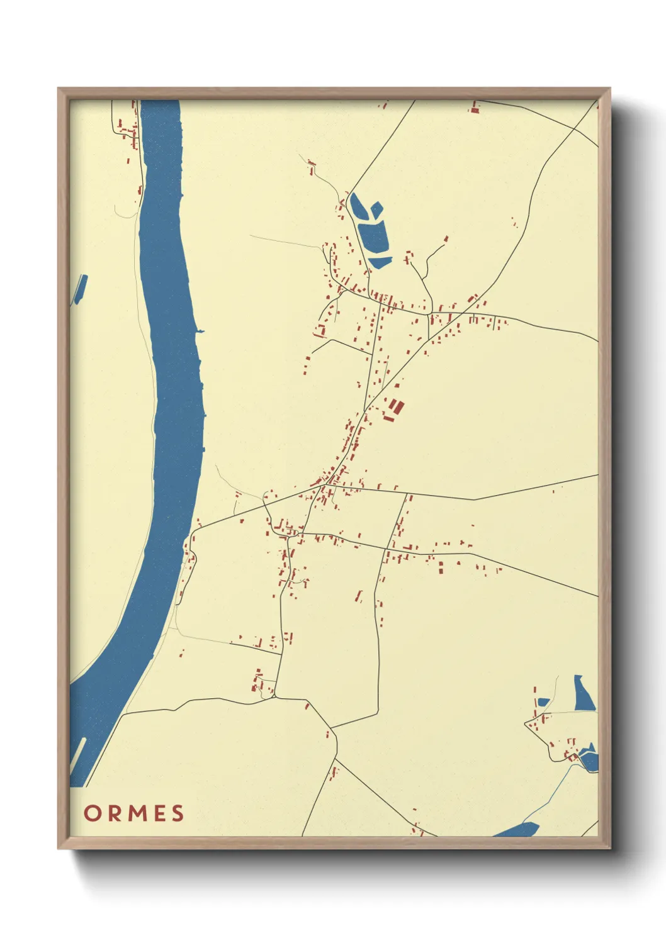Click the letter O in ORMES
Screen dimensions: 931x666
point(92,813)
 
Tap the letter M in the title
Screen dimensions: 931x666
point(133,813)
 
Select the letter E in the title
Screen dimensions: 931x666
point(157,813)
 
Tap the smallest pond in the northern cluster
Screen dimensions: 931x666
point(376,209)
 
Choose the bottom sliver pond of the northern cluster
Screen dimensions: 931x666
point(380,262)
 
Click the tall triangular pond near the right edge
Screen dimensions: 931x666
point(583,694)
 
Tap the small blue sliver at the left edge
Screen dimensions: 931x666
point(79,289)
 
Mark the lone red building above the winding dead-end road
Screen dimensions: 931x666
point(446,239)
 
